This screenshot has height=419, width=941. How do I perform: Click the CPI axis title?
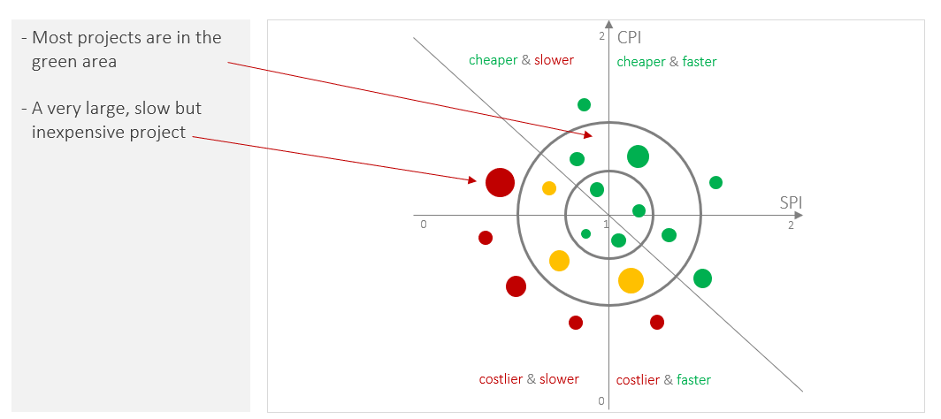click(630, 38)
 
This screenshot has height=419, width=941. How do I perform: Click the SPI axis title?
click(791, 202)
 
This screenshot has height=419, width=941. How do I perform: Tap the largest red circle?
click(500, 182)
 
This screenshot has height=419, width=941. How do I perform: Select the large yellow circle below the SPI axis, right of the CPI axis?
click(631, 280)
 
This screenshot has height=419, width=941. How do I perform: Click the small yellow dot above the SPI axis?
click(549, 188)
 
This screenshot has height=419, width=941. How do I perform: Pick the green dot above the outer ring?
click(584, 104)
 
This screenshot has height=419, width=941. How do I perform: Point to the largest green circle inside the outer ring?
click(638, 156)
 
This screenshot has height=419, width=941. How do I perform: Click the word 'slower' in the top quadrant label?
click(554, 60)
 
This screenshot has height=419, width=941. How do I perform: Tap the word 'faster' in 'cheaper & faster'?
click(699, 62)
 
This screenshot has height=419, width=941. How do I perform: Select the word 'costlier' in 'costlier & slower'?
click(501, 379)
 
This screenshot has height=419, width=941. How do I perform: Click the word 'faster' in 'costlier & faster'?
click(693, 380)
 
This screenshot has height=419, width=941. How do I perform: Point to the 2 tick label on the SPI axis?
click(791, 225)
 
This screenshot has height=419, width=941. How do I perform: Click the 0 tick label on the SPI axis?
click(424, 225)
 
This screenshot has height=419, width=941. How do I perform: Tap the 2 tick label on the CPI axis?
click(601, 36)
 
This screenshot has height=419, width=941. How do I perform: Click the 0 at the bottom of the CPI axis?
click(601, 402)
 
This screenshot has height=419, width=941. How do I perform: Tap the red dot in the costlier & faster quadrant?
click(657, 322)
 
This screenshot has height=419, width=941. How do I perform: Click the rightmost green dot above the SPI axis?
click(715, 182)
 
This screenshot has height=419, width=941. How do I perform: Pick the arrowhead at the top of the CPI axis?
click(608, 24)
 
